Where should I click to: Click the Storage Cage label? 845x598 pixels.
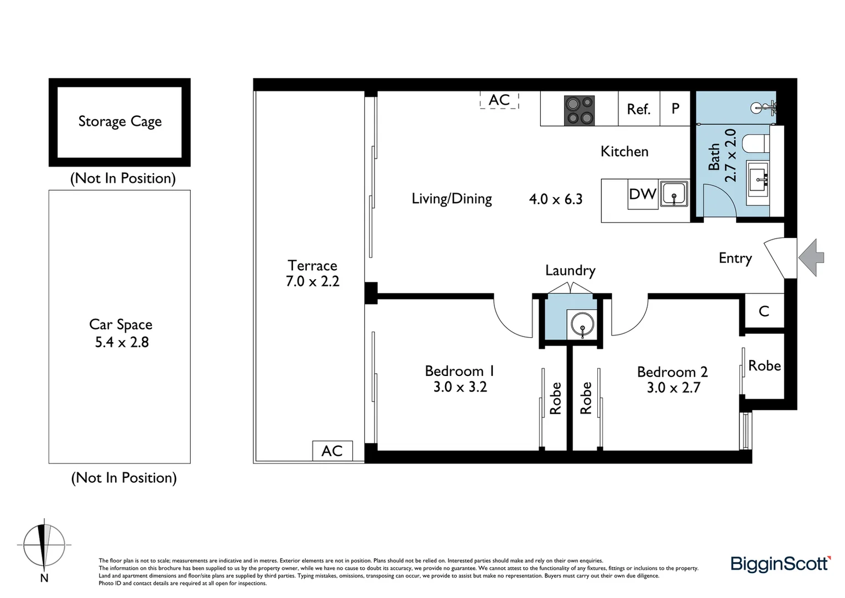click(120, 121)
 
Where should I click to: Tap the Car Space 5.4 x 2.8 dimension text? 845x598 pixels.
click(122, 342)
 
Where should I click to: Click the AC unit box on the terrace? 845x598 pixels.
click(332, 451)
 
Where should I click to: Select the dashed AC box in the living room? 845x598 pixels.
click(499, 100)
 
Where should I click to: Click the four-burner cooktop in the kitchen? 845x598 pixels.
click(579, 110)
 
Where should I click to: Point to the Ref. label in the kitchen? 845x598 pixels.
click(638, 110)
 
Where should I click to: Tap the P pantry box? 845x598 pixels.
click(675, 109)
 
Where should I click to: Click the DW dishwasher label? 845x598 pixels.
click(643, 194)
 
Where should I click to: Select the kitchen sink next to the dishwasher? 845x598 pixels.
click(674, 194)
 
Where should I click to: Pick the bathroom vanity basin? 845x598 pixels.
click(757, 178)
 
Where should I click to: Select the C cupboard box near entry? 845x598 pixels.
click(764, 312)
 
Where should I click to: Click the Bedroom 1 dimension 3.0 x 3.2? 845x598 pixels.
click(460, 387)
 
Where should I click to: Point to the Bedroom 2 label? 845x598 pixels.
click(672, 372)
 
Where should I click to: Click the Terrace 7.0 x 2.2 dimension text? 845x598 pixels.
click(312, 281)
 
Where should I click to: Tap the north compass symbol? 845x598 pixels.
click(44, 545)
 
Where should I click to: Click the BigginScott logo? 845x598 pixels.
click(780, 564)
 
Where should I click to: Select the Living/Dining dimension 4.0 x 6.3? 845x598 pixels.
click(556, 199)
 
